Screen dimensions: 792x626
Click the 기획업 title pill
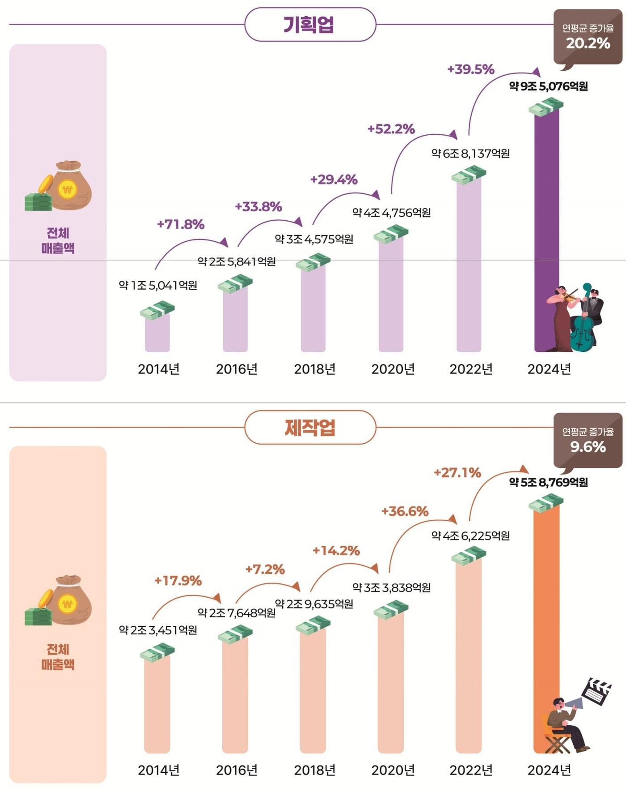click(x=310, y=25)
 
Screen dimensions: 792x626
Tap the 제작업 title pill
click(x=310, y=428)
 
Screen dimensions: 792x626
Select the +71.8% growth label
click(x=181, y=224)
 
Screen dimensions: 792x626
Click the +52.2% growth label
click(x=391, y=129)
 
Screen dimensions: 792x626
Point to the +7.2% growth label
click(x=265, y=569)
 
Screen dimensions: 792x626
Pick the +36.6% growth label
click(x=405, y=511)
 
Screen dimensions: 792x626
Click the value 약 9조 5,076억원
click(x=548, y=86)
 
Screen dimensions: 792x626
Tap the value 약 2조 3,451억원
click(x=158, y=630)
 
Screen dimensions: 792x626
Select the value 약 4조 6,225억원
click(x=470, y=535)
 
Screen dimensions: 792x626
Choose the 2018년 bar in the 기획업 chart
click(x=313, y=309)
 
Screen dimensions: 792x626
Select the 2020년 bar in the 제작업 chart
click(x=390, y=681)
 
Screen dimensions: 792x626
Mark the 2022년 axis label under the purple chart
click(x=471, y=369)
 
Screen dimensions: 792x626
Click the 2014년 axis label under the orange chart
click(x=158, y=770)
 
